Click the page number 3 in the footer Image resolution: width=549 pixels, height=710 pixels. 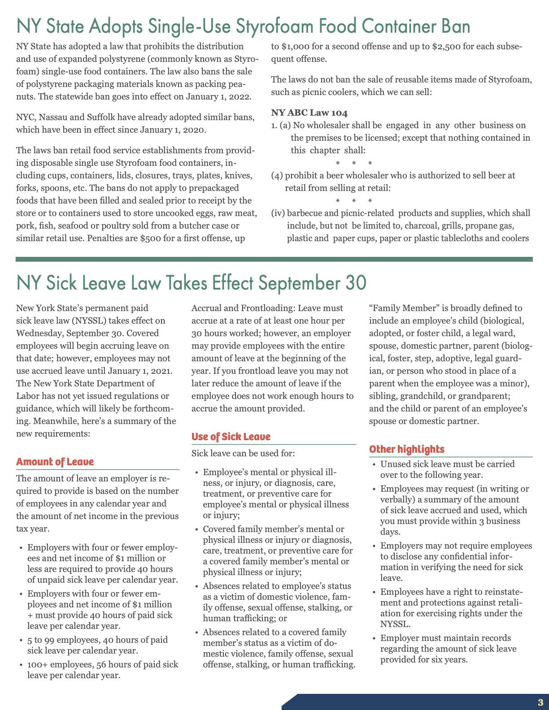click(x=540, y=702)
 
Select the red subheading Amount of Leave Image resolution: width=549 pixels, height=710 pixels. click(x=55, y=462)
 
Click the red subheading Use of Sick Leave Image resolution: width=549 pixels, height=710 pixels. click(x=231, y=437)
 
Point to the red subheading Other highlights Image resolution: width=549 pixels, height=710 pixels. click(x=407, y=450)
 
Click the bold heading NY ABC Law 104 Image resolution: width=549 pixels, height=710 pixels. click(x=309, y=113)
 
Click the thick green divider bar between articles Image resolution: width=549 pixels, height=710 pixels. click(x=274, y=259)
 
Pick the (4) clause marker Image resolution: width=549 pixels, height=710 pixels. click(x=277, y=176)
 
